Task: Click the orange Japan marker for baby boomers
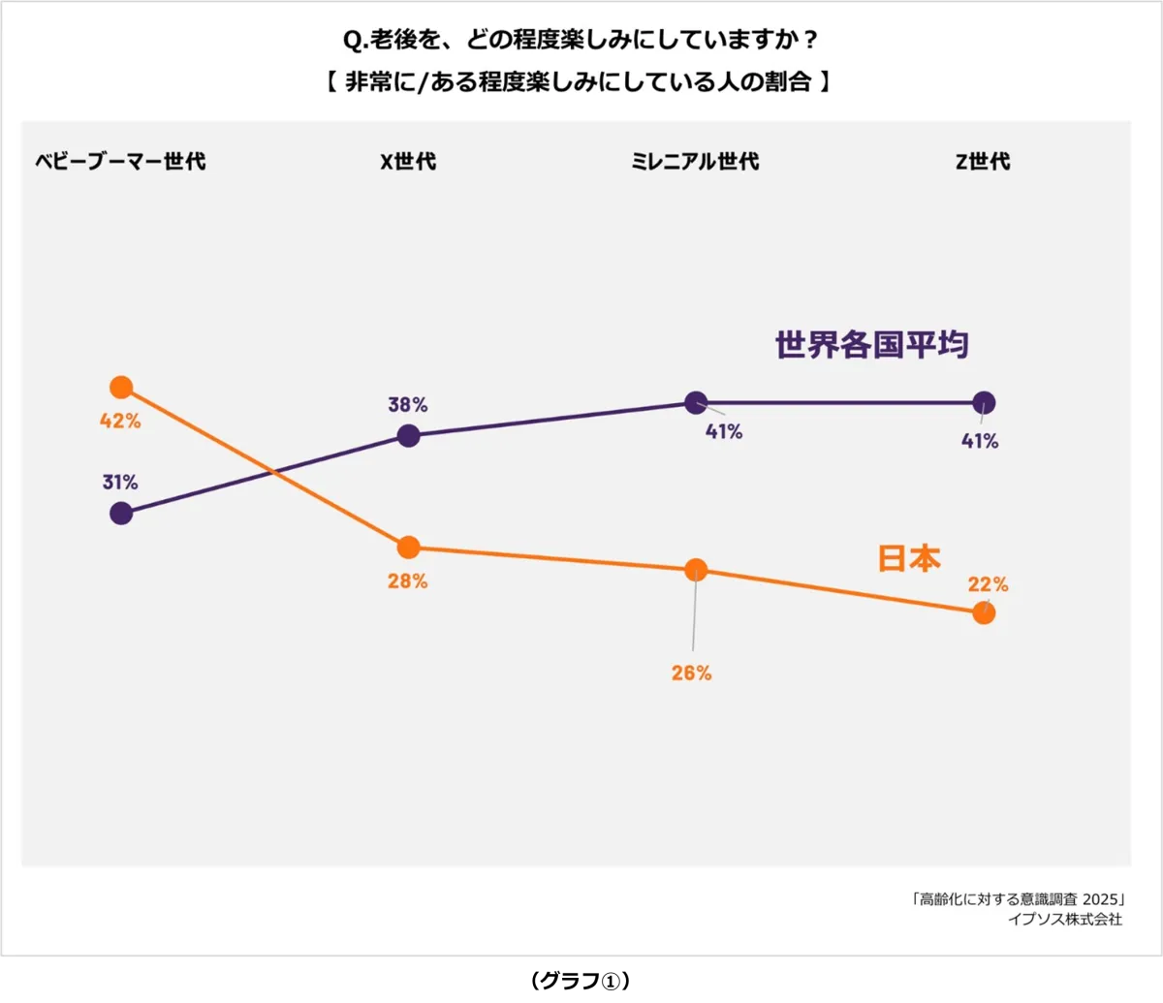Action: [x=121, y=388]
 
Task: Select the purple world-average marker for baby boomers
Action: [x=121, y=513]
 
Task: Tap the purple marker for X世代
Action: [x=409, y=436]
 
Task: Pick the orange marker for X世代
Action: [x=409, y=548]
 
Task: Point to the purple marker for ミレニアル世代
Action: [x=696, y=402]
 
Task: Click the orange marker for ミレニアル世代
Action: [x=696, y=569]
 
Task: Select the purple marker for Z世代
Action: [x=984, y=402]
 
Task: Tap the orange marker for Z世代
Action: [x=984, y=612]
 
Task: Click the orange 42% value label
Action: [x=120, y=422]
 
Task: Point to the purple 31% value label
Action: [x=120, y=482]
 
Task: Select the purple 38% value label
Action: [x=408, y=404]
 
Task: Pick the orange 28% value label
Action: [x=408, y=581]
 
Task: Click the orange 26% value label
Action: [x=692, y=673]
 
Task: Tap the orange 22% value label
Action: [x=988, y=584]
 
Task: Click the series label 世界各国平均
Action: [x=872, y=345]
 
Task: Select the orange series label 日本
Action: [x=909, y=558]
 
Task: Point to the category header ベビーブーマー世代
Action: [x=120, y=162]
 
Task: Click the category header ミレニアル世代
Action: [x=695, y=162]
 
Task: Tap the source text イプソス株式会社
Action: [x=1065, y=920]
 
